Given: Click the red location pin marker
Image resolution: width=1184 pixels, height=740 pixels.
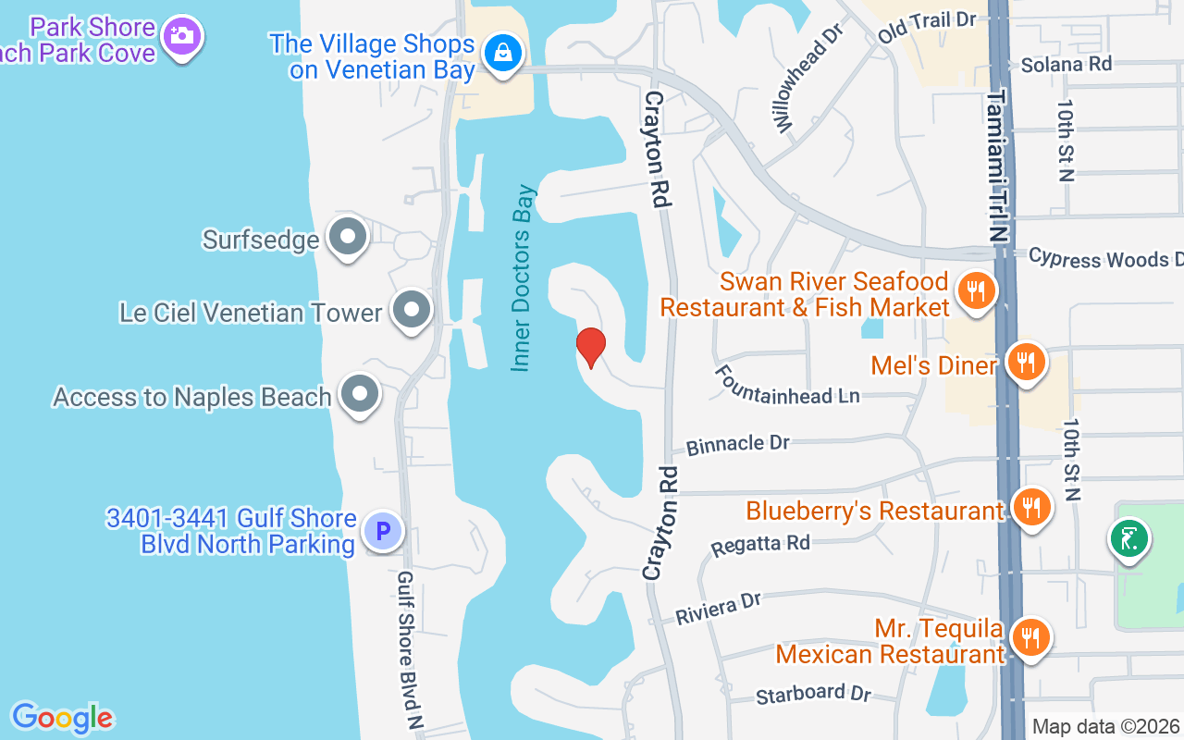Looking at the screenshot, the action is click(x=590, y=347).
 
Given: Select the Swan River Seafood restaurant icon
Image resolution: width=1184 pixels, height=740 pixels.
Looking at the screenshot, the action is click(x=975, y=291).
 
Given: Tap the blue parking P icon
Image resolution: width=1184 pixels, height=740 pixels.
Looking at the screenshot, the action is click(x=381, y=530).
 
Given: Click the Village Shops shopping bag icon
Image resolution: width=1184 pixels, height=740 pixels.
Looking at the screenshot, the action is click(x=502, y=52).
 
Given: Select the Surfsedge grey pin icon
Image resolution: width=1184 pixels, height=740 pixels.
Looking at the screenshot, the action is click(x=348, y=237).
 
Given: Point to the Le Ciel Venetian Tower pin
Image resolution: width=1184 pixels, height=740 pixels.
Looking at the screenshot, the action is click(x=411, y=310).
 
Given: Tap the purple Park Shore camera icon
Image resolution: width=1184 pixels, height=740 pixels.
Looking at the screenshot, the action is click(x=181, y=35).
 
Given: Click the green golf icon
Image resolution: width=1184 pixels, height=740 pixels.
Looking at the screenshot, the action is click(x=1128, y=537).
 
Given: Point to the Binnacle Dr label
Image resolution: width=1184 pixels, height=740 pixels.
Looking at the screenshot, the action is click(x=737, y=445).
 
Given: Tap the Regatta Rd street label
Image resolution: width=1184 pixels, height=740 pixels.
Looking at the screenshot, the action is click(x=760, y=545).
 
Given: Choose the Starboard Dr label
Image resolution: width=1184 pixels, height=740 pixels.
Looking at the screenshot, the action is click(x=813, y=693).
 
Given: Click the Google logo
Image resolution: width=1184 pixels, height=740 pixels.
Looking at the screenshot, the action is click(x=62, y=718).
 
